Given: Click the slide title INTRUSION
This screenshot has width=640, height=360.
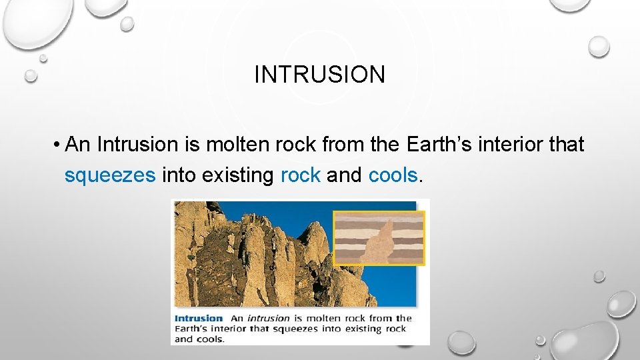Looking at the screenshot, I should point(319,75).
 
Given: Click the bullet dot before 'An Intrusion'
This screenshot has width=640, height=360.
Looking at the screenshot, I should point(59,145).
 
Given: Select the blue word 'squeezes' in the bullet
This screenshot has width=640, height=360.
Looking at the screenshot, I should point(110,176).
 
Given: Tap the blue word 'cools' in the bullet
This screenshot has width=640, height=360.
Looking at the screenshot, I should point(393,175).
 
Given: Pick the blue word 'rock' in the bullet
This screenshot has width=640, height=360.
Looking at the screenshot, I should point(301,175).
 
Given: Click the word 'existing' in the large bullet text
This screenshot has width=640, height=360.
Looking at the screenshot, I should point(238,175).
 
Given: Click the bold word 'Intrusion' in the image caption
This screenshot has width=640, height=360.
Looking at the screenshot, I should point(198,318).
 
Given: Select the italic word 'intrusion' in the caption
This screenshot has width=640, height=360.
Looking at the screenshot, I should point(268,318).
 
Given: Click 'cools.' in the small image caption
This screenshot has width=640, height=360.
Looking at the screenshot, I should point(211,339).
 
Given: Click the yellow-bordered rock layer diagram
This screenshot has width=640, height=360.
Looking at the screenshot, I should point(379,238).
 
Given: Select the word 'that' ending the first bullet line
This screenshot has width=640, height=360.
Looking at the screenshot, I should point(566,144).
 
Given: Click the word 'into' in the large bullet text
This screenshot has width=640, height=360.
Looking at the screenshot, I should point(179,175).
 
